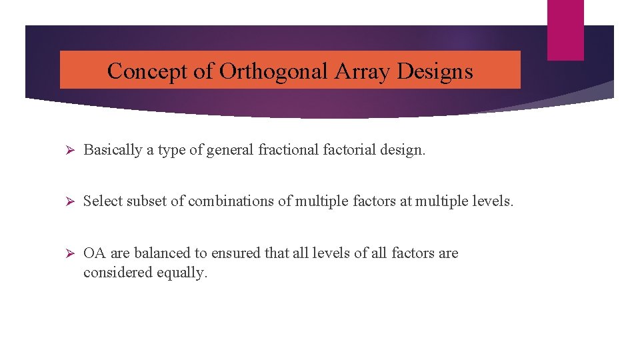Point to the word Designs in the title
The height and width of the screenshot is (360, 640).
pyautogui.click(x=435, y=71)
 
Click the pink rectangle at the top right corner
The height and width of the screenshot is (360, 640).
pyautogui.click(x=565, y=29)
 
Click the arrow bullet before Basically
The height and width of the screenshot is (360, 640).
pyautogui.click(x=67, y=150)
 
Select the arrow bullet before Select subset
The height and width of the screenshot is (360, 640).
pyautogui.click(x=67, y=201)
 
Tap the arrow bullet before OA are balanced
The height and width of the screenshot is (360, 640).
pyautogui.click(x=67, y=253)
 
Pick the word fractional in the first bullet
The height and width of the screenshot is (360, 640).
pyautogui.click(x=289, y=150)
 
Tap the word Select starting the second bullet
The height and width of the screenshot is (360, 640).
pyautogui.click(x=101, y=201)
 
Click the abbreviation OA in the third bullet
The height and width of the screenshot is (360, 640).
pyautogui.click(x=95, y=253)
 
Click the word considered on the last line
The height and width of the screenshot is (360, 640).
pyautogui.click(x=118, y=273)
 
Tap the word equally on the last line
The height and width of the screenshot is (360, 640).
pyautogui.click(x=182, y=273)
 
